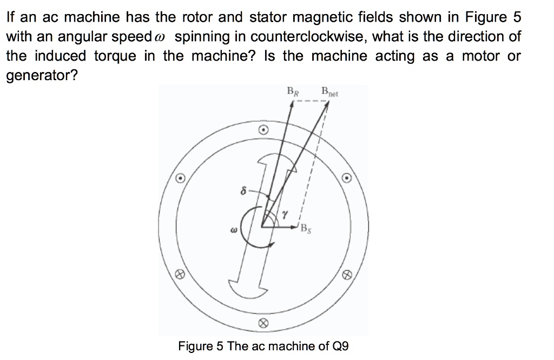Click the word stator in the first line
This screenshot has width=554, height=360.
pos(268,18)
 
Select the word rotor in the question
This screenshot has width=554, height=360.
pos(193,18)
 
